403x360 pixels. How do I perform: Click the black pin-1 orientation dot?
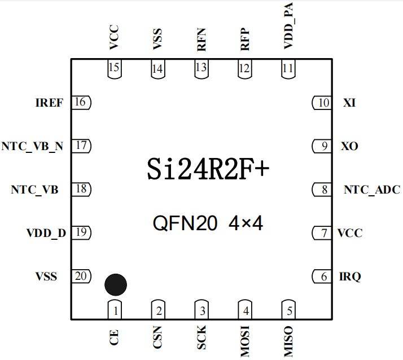(x=116, y=285)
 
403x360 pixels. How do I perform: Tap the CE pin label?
(x=115, y=338)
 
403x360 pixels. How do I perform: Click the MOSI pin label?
(x=245, y=342)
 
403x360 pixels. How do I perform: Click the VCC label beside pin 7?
(x=350, y=232)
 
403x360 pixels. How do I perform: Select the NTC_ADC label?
(x=372, y=190)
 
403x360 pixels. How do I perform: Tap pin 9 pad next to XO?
(x=322, y=146)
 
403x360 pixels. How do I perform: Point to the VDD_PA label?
(x=289, y=33)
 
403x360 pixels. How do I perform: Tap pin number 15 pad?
(x=115, y=69)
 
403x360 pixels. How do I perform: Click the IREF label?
(x=49, y=103)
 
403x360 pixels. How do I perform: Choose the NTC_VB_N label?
(x=32, y=146)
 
